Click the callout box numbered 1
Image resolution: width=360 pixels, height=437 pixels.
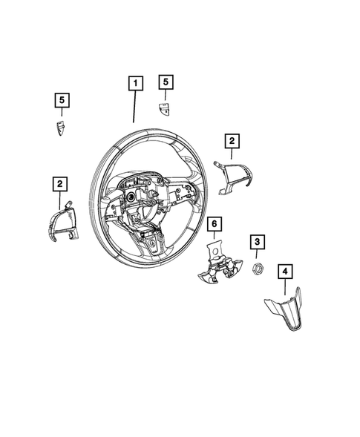(x=134, y=84)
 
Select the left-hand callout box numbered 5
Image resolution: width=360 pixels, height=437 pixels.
(x=61, y=99)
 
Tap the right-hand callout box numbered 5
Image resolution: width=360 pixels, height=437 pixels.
(x=166, y=82)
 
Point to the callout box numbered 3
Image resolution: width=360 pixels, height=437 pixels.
(x=256, y=241)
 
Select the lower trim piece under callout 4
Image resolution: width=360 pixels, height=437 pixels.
(x=284, y=312)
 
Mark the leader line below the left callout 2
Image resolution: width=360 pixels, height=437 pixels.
(x=59, y=199)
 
